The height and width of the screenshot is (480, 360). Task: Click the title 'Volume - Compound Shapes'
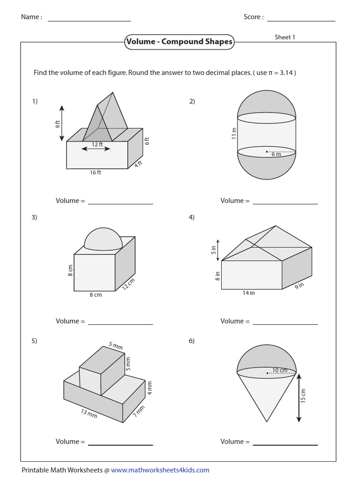(x=179, y=42)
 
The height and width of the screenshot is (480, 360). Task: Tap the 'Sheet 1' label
(x=285, y=37)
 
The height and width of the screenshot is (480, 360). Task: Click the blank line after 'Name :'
(x=89, y=20)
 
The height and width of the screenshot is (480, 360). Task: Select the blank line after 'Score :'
(x=301, y=20)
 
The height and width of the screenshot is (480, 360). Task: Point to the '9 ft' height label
(x=57, y=125)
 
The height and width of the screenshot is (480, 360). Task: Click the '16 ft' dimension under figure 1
(x=96, y=172)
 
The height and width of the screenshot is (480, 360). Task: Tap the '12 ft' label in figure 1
(x=97, y=144)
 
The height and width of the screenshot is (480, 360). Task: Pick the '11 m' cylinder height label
(x=233, y=133)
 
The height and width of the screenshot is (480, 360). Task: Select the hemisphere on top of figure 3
(x=103, y=240)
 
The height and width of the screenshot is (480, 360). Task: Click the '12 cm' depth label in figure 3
(x=128, y=284)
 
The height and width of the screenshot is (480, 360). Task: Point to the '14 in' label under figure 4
(x=249, y=293)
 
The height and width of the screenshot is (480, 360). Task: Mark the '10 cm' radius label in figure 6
(x=280, y=370)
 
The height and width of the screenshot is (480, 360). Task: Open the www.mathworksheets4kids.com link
(x=160, y=470)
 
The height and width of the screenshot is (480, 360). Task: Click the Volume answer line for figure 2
(x=285, y=203)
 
